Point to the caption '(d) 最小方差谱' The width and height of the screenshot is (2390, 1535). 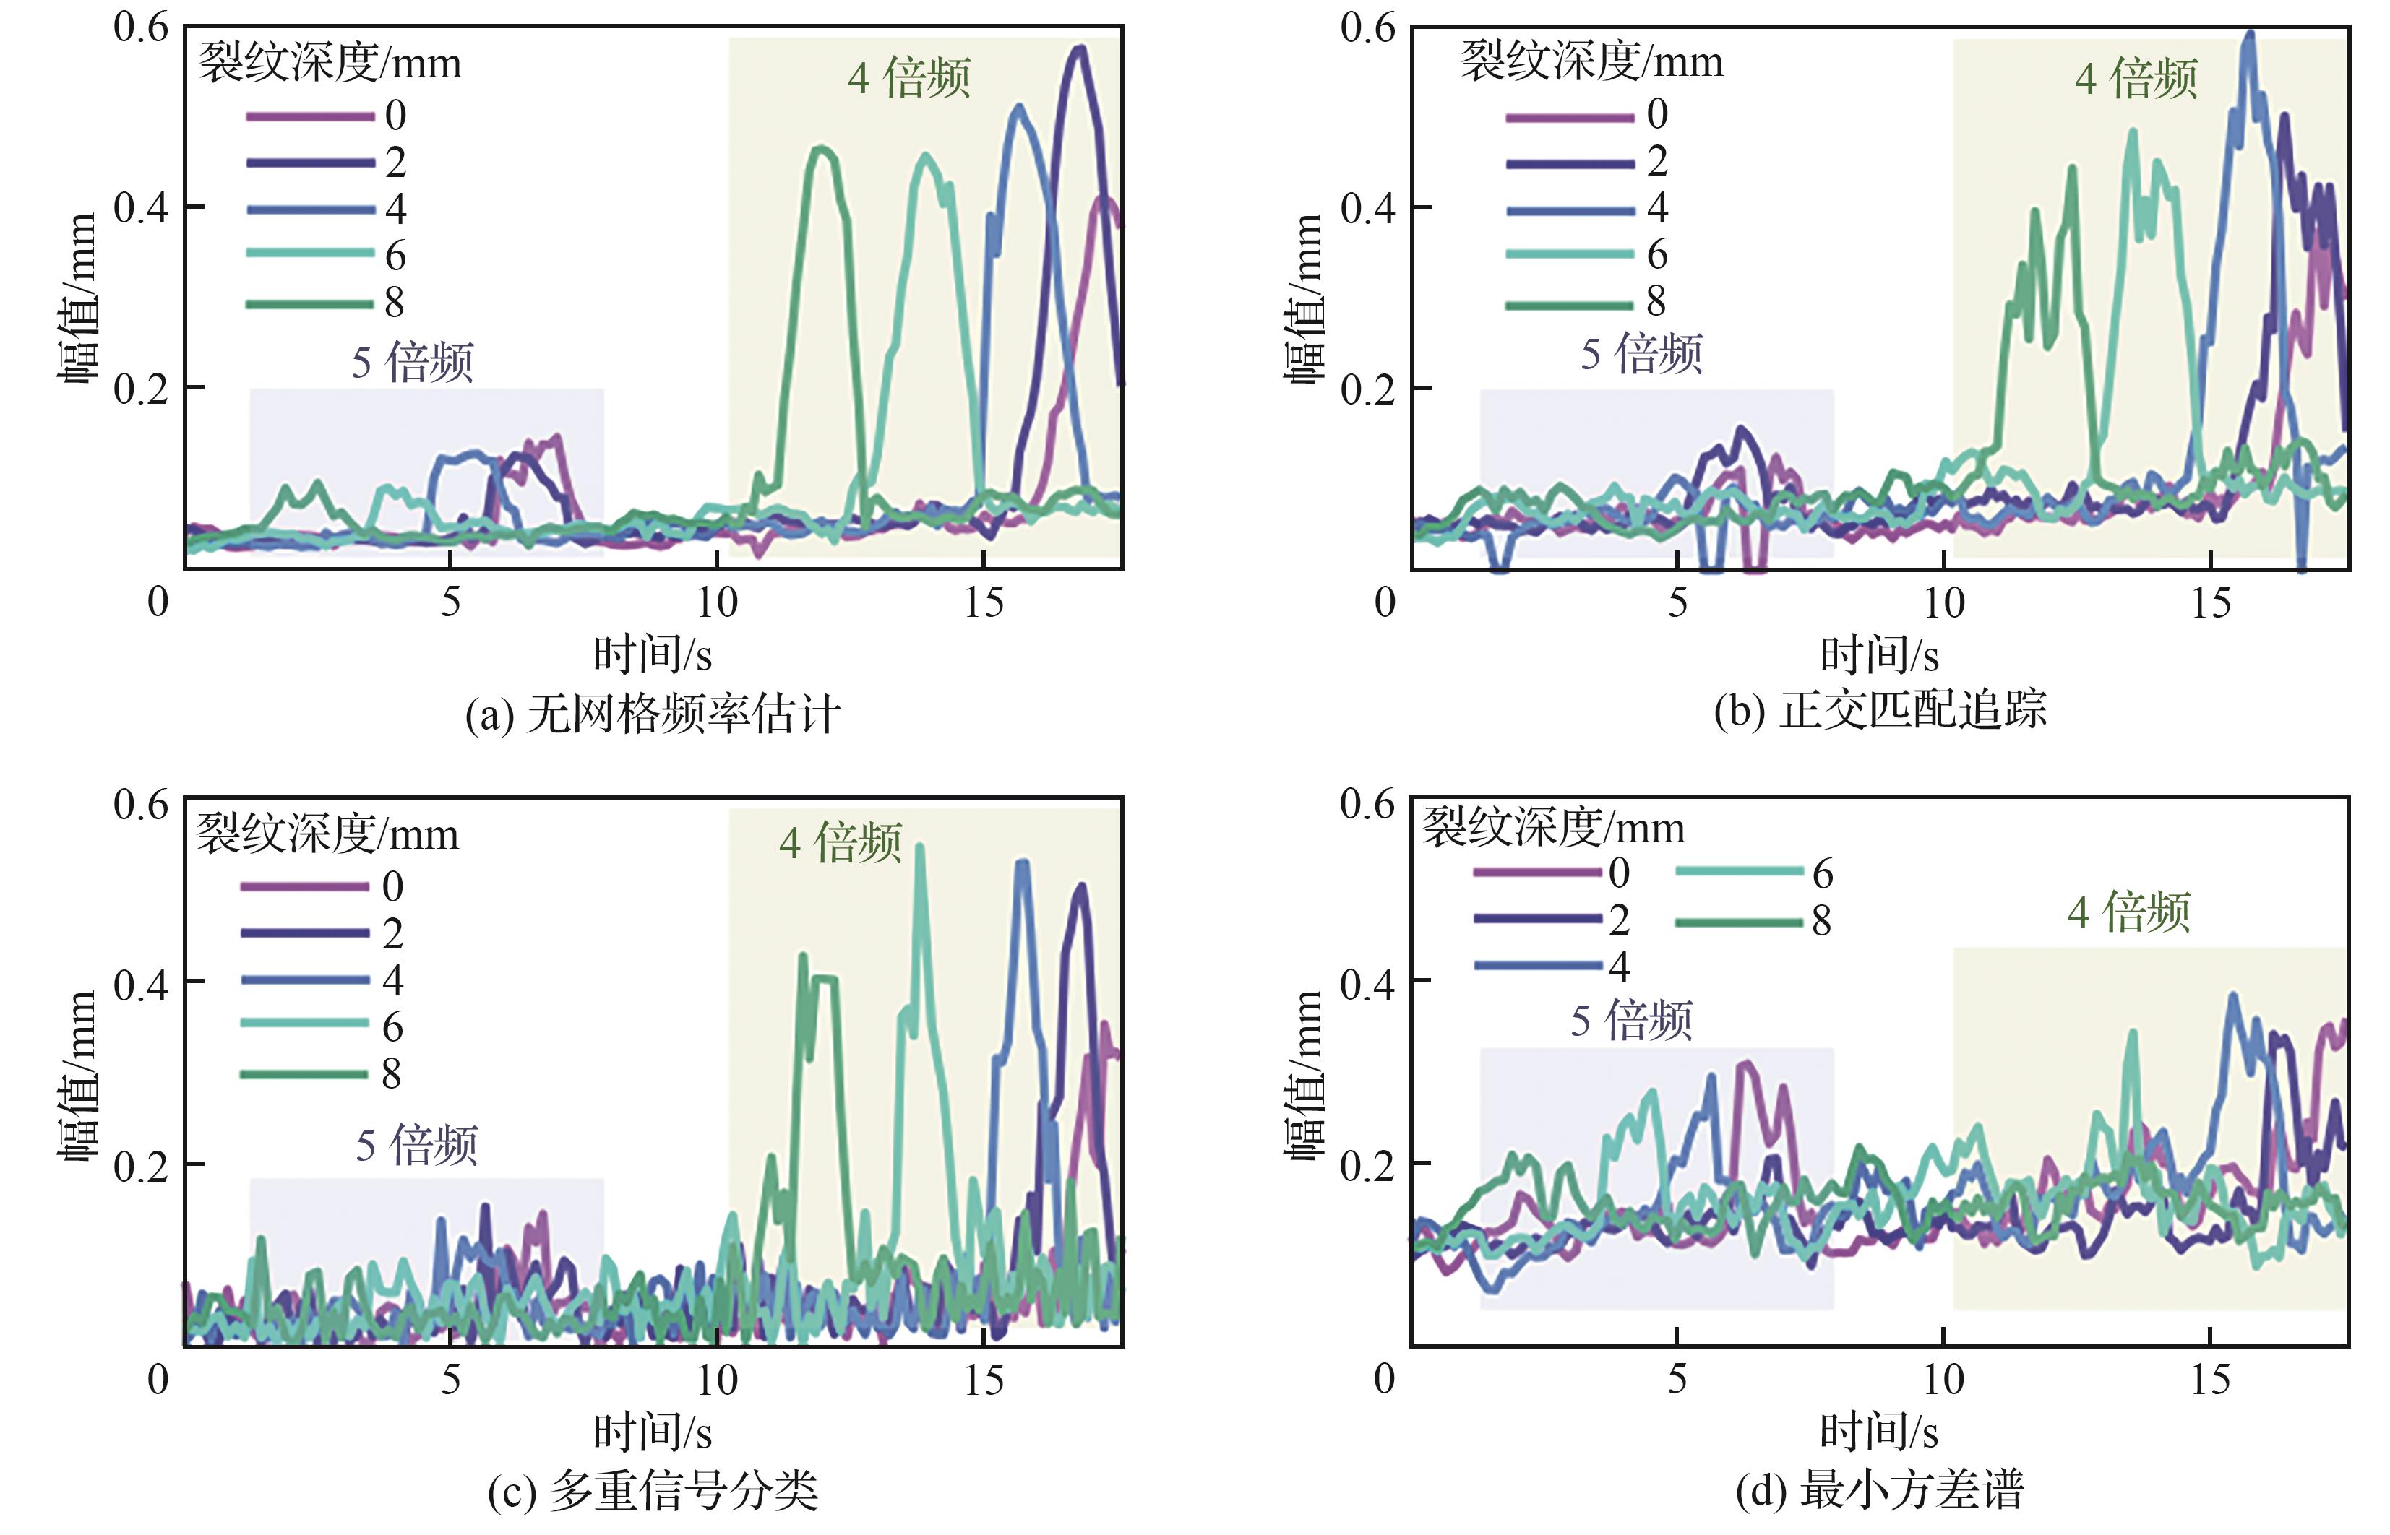[1880, 1491]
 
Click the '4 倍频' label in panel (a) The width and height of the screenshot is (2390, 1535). [909, 78]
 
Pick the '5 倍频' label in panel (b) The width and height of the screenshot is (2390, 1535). [1641, 354]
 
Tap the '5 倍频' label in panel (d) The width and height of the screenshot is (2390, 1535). [1631, 1021]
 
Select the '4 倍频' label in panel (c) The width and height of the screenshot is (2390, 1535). [841, 843]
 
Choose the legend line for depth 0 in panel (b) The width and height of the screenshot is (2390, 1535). [1570, 116]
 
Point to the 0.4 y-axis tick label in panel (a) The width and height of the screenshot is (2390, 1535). [141, 208]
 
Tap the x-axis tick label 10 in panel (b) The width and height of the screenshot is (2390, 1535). [1944, 602]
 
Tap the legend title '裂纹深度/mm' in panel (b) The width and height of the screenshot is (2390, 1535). [1591, 62]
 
